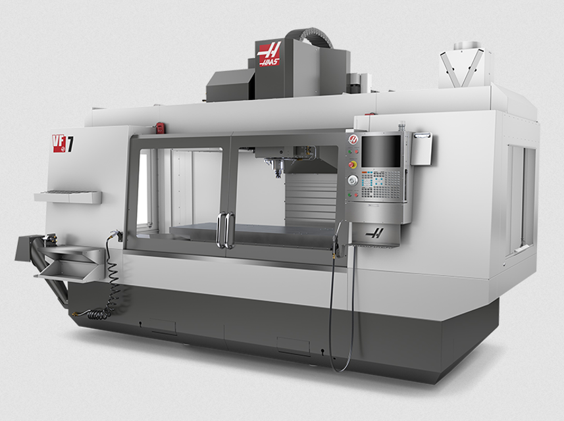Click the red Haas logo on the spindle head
coord(269,53)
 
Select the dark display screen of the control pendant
coord(381,151)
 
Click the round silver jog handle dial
coord(353,180)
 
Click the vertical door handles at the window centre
coord(225,230)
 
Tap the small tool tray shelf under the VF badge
coord(68,197)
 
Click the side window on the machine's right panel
coord(519,197)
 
